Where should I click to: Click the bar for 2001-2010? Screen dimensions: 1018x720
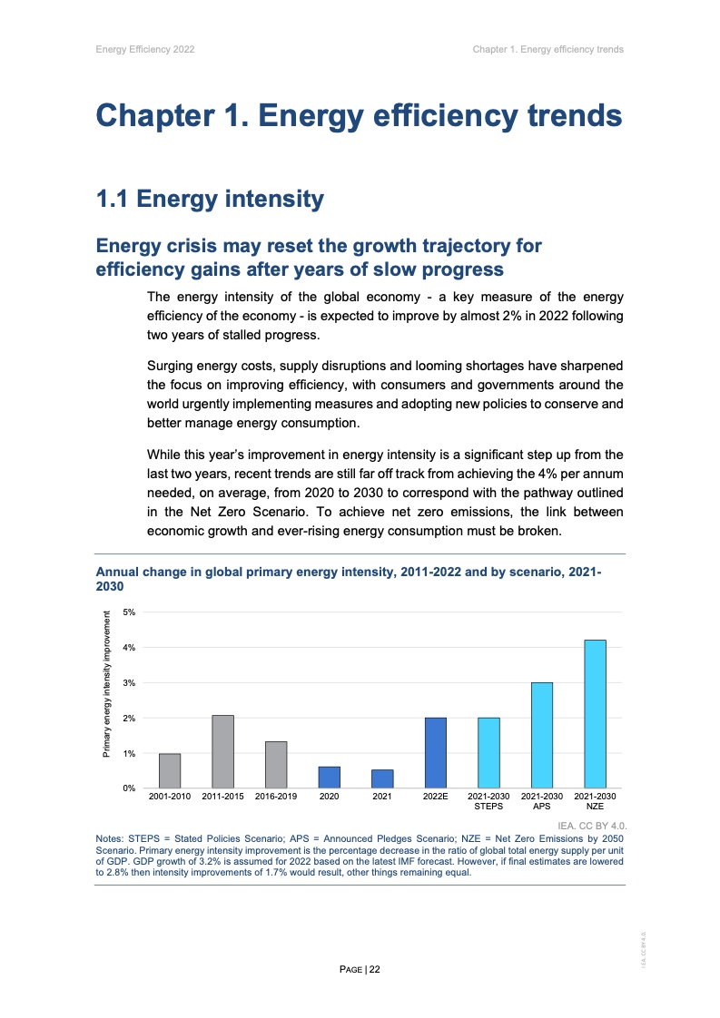[170, 770]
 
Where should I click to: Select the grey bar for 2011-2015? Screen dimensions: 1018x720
[222, 751]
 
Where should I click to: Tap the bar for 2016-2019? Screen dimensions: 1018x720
[276, 764]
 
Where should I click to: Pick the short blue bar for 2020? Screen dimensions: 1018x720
[329, 778]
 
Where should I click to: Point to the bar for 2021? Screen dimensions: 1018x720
[382, 778]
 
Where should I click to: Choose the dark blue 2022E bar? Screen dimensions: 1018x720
[436, 752]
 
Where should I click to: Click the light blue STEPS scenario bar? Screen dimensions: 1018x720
[488, 752]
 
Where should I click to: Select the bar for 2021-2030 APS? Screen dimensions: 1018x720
[542, 735]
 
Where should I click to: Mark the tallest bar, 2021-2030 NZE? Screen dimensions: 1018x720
[595, 713]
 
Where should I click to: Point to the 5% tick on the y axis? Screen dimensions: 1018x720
[130, 612]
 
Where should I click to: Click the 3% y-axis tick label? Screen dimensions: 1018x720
[130, 682]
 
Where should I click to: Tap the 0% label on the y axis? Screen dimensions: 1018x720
[130, 788]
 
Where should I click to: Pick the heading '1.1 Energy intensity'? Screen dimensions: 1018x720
[210, 199]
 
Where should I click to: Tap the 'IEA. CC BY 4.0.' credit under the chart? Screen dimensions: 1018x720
[591, 826]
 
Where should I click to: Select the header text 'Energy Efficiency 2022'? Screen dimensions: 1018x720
[145, 49]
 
